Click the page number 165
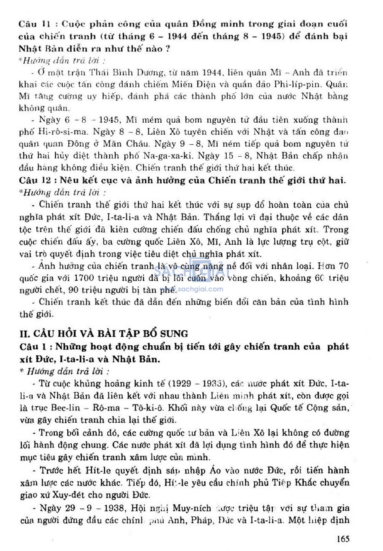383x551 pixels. pyautogui.click(x=343, y=539)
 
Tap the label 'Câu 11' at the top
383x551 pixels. pyautogui.click(x=34, y=24)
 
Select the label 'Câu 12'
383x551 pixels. pyautogui.click(x=34, y=180)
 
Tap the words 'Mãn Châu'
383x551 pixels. pyautogui.click(x=128, y=144)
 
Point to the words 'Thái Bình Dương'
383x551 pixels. pyautogui.click(x=126, y=72)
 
